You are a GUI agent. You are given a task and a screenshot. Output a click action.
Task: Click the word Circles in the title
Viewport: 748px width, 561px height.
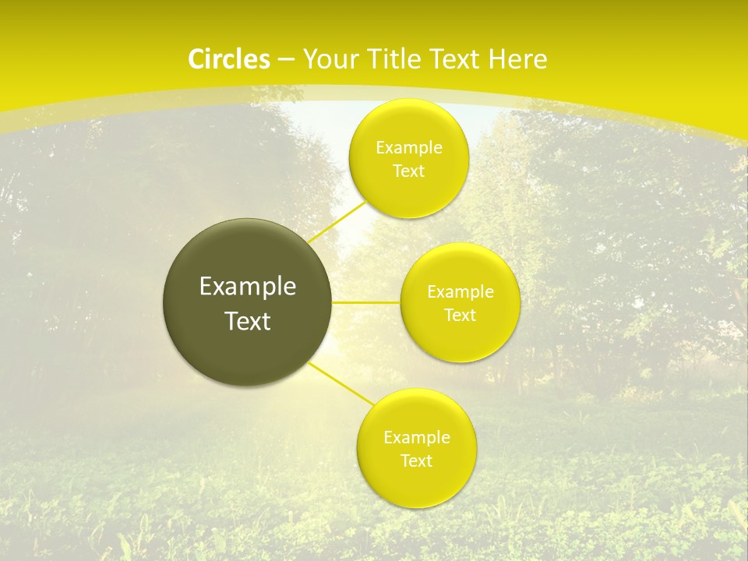coord(228,59)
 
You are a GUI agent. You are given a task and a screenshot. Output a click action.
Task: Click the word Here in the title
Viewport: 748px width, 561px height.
coord(518,59)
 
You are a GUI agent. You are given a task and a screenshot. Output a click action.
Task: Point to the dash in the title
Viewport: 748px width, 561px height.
coord(286,60)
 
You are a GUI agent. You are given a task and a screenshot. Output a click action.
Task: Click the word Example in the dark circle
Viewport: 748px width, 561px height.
coord(247,287)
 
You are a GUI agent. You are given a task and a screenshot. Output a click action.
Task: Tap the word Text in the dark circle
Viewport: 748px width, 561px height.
coord(247,321)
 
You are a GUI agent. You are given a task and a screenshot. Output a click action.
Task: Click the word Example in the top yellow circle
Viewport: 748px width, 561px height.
coord(408,148)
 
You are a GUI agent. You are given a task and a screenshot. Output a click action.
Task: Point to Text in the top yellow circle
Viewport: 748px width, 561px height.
coord(408,171)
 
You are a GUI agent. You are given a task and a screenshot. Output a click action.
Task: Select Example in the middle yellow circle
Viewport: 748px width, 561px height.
coord(460,292)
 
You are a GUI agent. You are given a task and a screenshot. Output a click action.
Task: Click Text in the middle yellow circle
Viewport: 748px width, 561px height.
coord(460,316)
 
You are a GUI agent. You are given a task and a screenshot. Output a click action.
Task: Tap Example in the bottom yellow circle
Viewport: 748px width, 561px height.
coord(416,438)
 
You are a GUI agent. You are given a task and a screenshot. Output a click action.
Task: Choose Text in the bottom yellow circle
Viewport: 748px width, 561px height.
coord(416,461)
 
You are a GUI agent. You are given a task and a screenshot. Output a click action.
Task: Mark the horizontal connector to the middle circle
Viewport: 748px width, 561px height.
coord(365,302)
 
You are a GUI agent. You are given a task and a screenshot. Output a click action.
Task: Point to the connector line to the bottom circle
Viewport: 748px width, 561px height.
coord(340,383)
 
